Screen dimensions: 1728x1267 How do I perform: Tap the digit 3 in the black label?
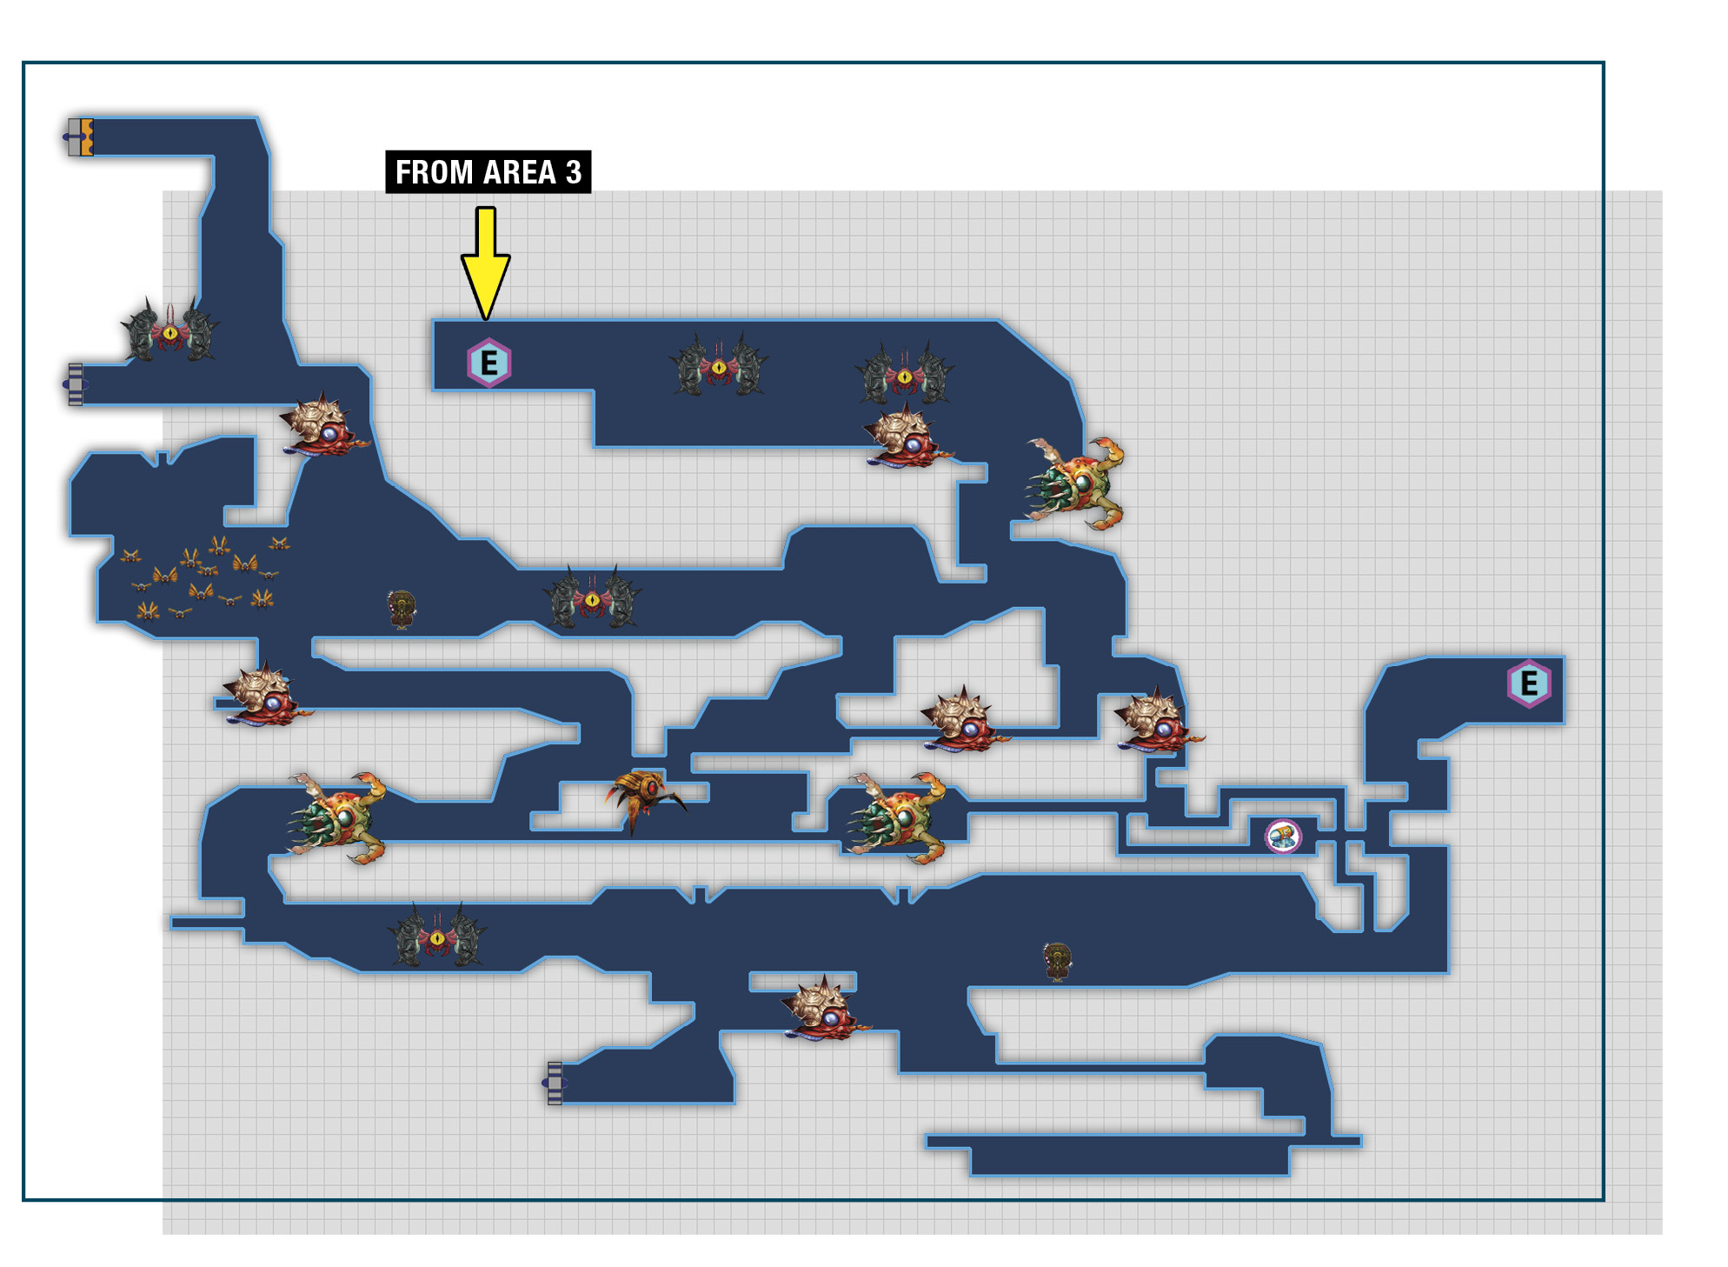574,172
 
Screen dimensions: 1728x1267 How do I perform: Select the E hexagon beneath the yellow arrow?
489,363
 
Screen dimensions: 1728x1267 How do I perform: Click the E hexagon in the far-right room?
1529,684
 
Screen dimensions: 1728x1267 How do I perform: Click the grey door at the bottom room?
555,1083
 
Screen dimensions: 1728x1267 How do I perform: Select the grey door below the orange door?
76,384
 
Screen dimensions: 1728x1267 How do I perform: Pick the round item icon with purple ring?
1283,837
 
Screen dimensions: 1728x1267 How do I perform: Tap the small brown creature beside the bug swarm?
402,609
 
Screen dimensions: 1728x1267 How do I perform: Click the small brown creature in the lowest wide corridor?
1057,961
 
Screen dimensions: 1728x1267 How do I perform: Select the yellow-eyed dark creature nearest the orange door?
170,330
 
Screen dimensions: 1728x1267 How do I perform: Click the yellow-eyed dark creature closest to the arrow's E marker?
719,366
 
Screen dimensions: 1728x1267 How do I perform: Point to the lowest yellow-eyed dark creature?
437,936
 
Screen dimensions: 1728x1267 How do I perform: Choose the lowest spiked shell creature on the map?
824,1009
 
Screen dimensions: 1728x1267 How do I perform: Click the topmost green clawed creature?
1076,483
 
